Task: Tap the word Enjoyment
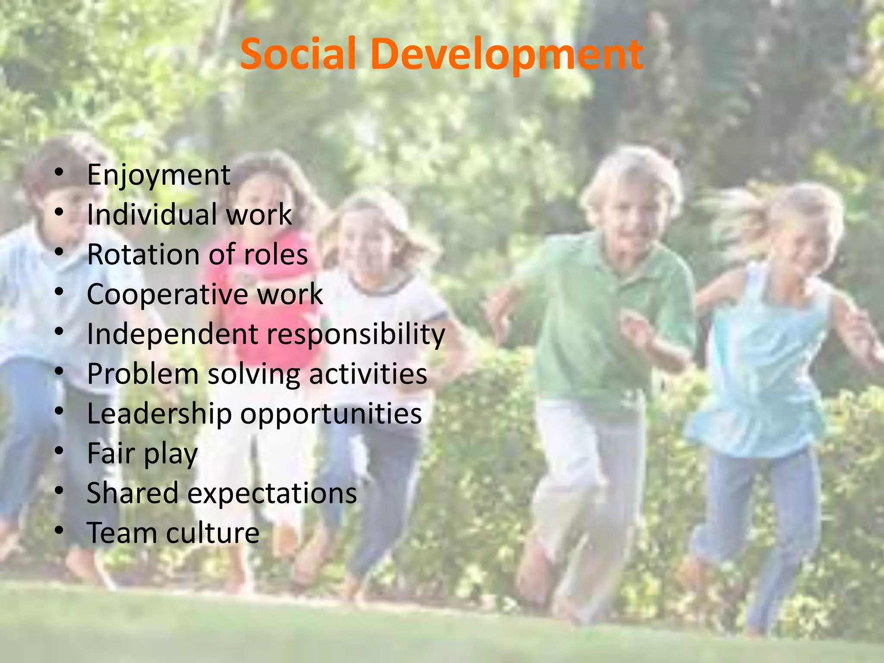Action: [x=158, y=176]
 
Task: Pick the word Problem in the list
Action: [x=142, y=374]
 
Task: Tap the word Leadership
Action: [x=159, y=414]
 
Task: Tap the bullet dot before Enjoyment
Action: [x=60, y=172]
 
